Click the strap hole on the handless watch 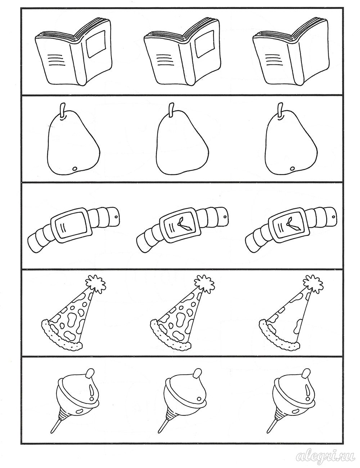click(x=116, y=217)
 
